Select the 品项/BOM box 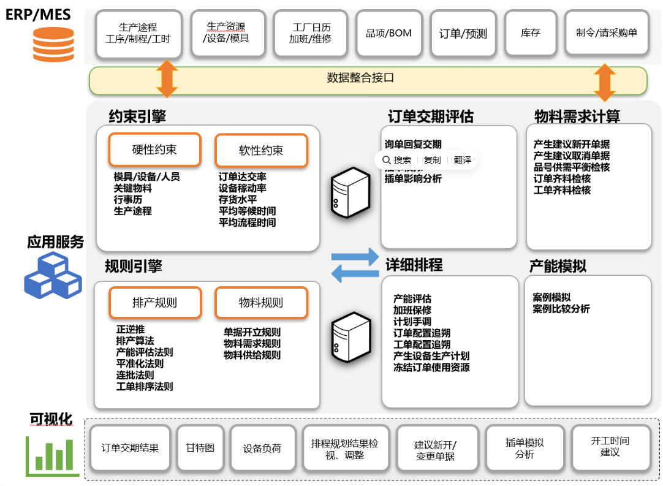[388, 33]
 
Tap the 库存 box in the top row [530, 33]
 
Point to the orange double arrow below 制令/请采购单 [604, 82]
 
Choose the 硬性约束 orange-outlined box [154, 150]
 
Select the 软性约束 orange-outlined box [261, 150]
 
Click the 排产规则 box [154, 303]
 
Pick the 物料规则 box [261, 303]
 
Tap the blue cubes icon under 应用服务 [53, 276]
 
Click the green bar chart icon [53, 456]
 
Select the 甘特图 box [200, 448]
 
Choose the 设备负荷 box [262, 448]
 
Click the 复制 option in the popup [432, 160]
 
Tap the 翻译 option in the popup [463, 160]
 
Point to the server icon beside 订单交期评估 [350, 192]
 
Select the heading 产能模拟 [558, 267]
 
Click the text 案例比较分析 [561, 309]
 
